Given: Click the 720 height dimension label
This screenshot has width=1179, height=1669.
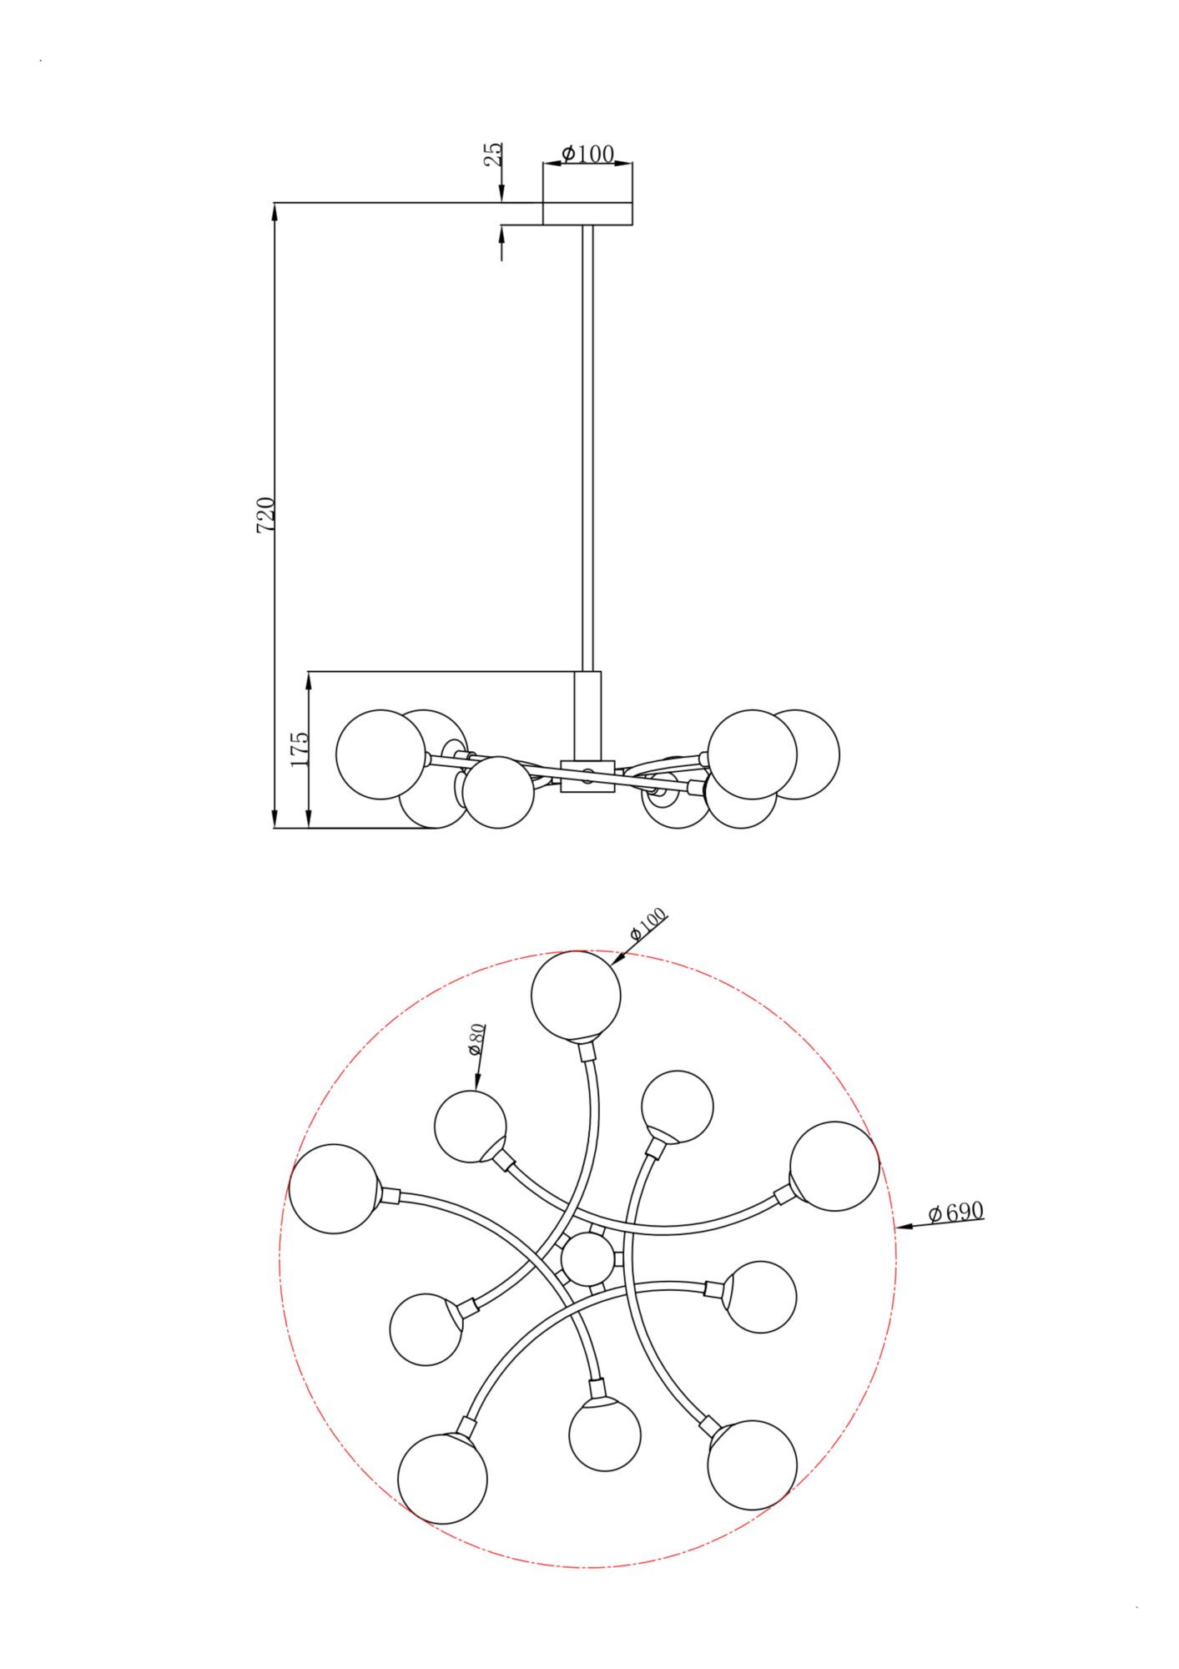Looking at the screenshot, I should point(265,515).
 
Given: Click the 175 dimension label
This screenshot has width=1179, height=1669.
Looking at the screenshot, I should point(300,749).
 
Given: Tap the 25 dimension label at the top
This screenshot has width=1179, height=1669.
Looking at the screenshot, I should point(494,154).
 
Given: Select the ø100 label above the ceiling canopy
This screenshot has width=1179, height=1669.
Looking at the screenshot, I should point(587,154).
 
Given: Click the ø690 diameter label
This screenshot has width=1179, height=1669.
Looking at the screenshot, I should point(956,1212).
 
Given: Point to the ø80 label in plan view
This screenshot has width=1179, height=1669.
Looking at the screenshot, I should point(476,1039).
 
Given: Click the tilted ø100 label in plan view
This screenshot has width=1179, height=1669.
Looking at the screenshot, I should point(648,925).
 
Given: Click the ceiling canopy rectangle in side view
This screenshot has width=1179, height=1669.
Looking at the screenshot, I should point(587,214).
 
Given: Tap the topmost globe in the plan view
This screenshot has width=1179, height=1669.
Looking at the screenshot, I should point(577,996).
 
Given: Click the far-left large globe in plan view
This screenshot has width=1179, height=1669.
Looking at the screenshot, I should point(334,1189).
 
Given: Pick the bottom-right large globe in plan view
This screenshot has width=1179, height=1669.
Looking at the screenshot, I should point(752,1465).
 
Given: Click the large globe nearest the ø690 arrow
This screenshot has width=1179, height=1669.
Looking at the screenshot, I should point(834,1166).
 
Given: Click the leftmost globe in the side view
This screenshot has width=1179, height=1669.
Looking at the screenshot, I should point(380,754).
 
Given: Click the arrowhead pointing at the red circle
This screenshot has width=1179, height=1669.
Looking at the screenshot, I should point(903,1227).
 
